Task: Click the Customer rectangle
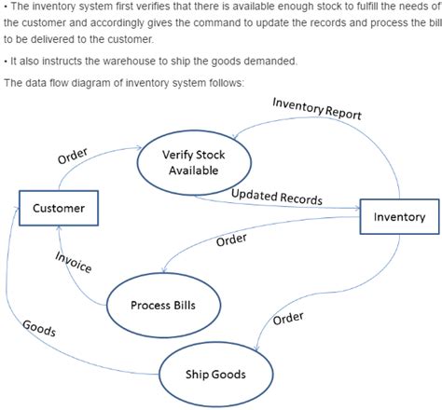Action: [59, 208]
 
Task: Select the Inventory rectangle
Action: [399, 216]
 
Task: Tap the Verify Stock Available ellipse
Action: [194, 162]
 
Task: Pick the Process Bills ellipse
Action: [162, 305]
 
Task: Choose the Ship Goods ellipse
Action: [215, 375]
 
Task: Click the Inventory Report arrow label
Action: [316, 109]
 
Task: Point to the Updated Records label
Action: [276, 197]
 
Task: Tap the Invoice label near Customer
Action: [74, 263]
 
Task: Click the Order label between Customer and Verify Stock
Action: [73, 157]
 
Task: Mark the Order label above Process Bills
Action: [231, 240]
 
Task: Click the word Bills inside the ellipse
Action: [178, 305]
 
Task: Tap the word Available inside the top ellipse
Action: [194, 171]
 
